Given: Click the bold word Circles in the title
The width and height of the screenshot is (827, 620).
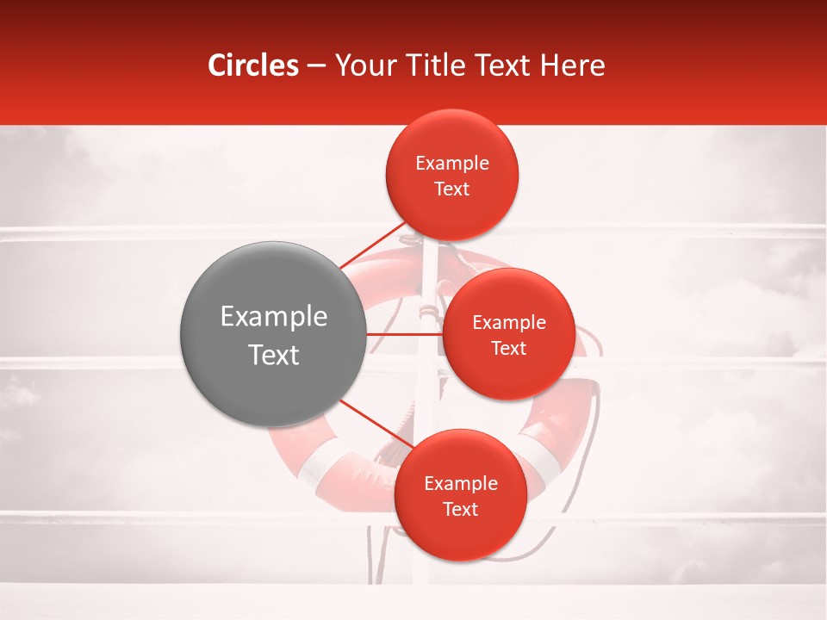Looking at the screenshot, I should tap(252, 65).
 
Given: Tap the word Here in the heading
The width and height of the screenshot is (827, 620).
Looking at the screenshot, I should tap(573, 65).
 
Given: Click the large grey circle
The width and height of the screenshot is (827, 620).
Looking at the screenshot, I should tap(273, 334).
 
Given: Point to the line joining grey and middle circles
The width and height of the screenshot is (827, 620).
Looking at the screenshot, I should tap(403, 334).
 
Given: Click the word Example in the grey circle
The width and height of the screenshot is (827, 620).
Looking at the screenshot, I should tap(274, 317).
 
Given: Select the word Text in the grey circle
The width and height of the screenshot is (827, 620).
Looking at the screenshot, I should tap(274, 355).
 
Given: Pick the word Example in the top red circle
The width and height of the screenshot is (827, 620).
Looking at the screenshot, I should tap(452, 164).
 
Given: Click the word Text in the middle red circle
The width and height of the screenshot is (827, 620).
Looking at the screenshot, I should tap(508, 348).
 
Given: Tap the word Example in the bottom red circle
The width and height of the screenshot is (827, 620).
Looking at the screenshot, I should tap(461, 484).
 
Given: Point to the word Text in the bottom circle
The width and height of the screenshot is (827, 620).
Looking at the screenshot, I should tap(461, 509).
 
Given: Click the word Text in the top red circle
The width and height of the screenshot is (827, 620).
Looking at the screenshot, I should tap(452, 189).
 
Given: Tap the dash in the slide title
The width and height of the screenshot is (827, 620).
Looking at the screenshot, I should tap(316, 65).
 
